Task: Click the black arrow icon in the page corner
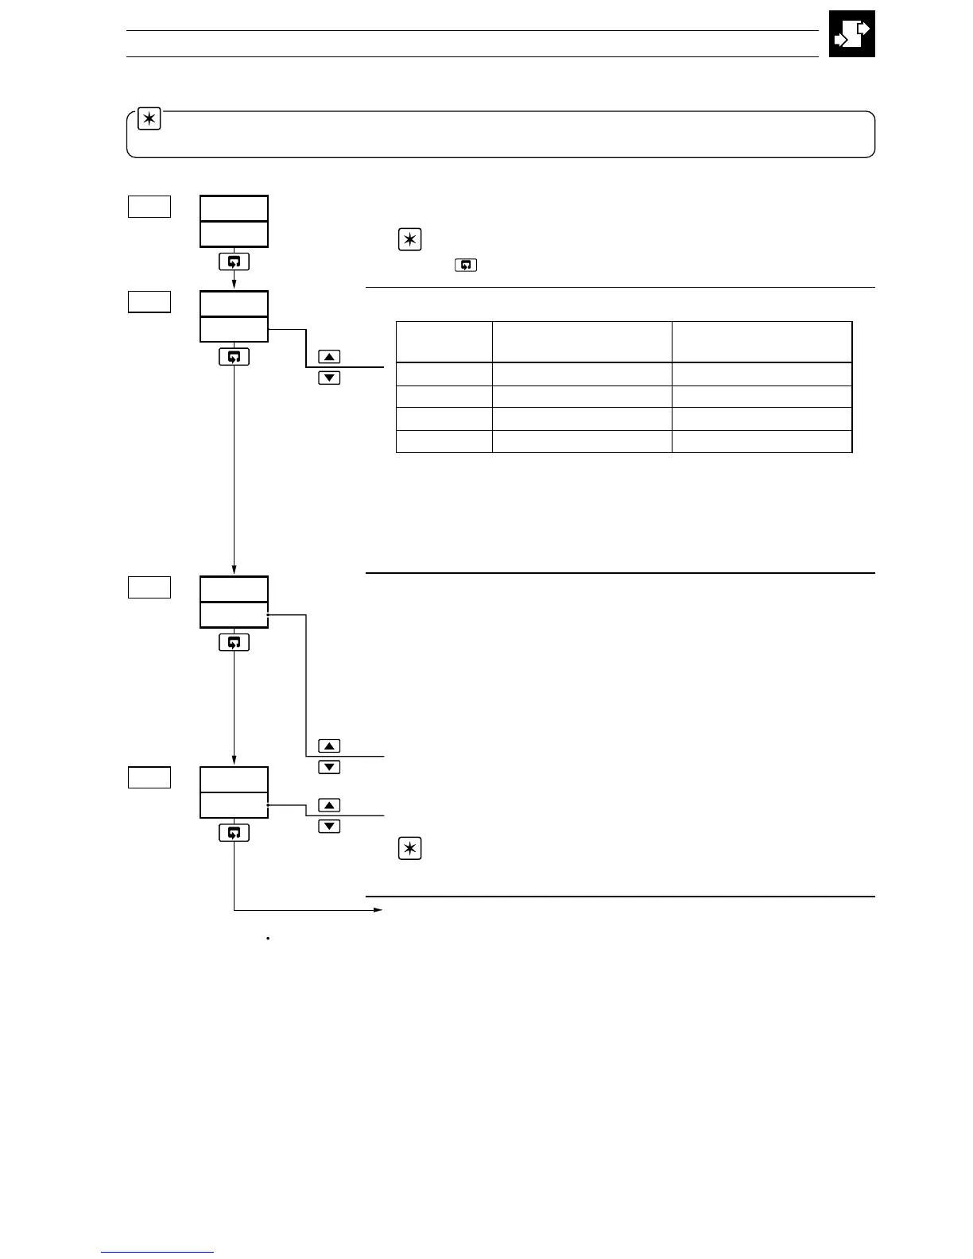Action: tap(851, 34)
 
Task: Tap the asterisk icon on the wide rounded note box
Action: tap(149, 120)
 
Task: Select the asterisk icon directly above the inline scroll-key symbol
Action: tap(409, 240)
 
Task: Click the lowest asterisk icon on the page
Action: tap(409, 850)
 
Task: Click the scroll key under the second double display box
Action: tap(234, 357)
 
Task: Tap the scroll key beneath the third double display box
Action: tap(234, 642)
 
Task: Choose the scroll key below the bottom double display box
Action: tap(234, 832)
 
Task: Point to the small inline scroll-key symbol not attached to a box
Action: tap(466, 265)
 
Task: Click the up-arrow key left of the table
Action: tap(329, 357)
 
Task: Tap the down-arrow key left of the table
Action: tap(329, 378)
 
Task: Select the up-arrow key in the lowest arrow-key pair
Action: tap(329, 805)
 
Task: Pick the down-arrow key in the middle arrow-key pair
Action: tap(329, 767)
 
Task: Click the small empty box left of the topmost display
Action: tap(149, 207)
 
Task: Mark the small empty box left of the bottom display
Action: tap(149, 777)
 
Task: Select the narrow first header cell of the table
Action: tap(444, 343)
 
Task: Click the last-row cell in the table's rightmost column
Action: tap(762, 441)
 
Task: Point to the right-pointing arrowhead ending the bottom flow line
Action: tap(378, 910)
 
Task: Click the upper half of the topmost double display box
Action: tap(234, 208)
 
